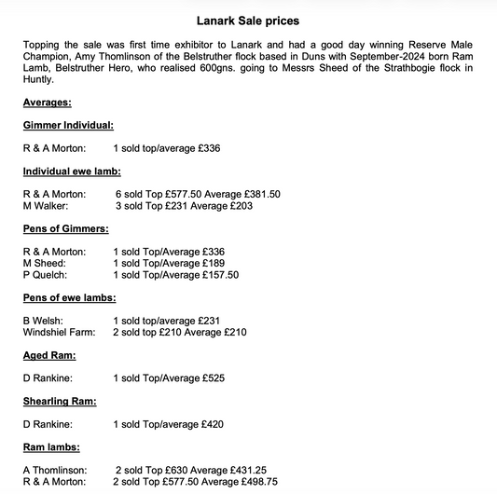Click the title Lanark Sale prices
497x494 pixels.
(x=248, y=20)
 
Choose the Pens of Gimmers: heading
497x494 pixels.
(x=66, y=228)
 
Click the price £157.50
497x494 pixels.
(x=220, y=276)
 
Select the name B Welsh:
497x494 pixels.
(x=45, y=322)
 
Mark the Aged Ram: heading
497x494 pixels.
(x=49, y=356)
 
